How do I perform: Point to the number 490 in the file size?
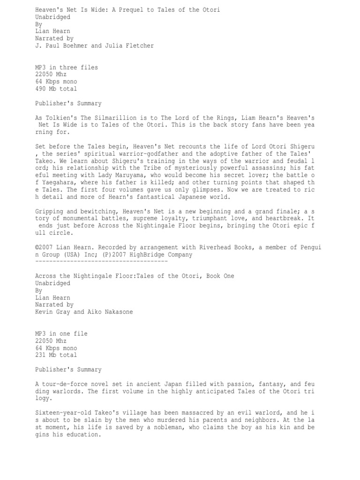[41, 89]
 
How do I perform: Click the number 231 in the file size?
[41, 355]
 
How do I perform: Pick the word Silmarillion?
[111, 118]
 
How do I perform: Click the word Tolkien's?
[62, 118]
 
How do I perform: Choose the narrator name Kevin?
[44, 312]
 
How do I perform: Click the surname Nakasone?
[117, 312]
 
